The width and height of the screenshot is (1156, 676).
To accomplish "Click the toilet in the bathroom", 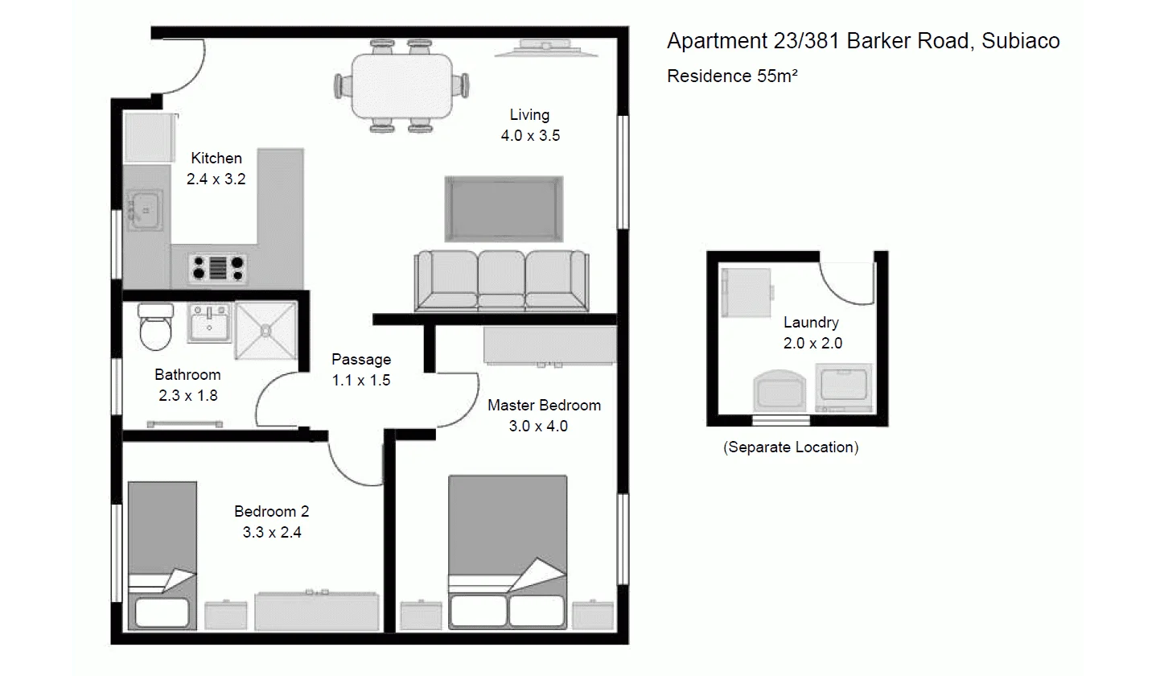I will pos(155,328).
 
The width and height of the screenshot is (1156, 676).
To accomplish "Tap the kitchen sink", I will pos(145,211).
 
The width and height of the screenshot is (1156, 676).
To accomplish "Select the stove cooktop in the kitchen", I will pos(217,268).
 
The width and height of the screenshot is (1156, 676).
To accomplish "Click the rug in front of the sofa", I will pos(504,209).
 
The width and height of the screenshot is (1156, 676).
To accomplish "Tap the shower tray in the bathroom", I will pos(265,330).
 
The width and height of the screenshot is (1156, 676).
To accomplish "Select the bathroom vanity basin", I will pos(209,324).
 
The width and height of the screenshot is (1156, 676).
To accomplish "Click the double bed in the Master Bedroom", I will pos(508,551).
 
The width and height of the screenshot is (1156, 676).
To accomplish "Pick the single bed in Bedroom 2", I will pos(162,554).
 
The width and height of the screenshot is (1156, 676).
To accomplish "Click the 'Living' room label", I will pos(529,115).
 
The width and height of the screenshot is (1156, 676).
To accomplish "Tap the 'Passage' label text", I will pos(361,360).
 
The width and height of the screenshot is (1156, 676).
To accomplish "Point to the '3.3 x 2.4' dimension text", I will pos(272,532).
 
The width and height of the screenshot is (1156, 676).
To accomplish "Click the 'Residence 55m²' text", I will pos(732,76).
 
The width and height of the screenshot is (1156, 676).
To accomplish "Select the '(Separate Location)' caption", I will pos(791,447).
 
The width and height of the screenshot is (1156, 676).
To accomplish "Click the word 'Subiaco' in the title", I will pos(1022,41).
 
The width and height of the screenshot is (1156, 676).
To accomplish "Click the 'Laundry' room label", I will pos(811,323).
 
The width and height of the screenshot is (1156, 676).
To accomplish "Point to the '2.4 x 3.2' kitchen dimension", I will pos(216,179).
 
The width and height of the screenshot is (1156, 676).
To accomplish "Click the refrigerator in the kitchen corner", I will pos(150,138).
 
